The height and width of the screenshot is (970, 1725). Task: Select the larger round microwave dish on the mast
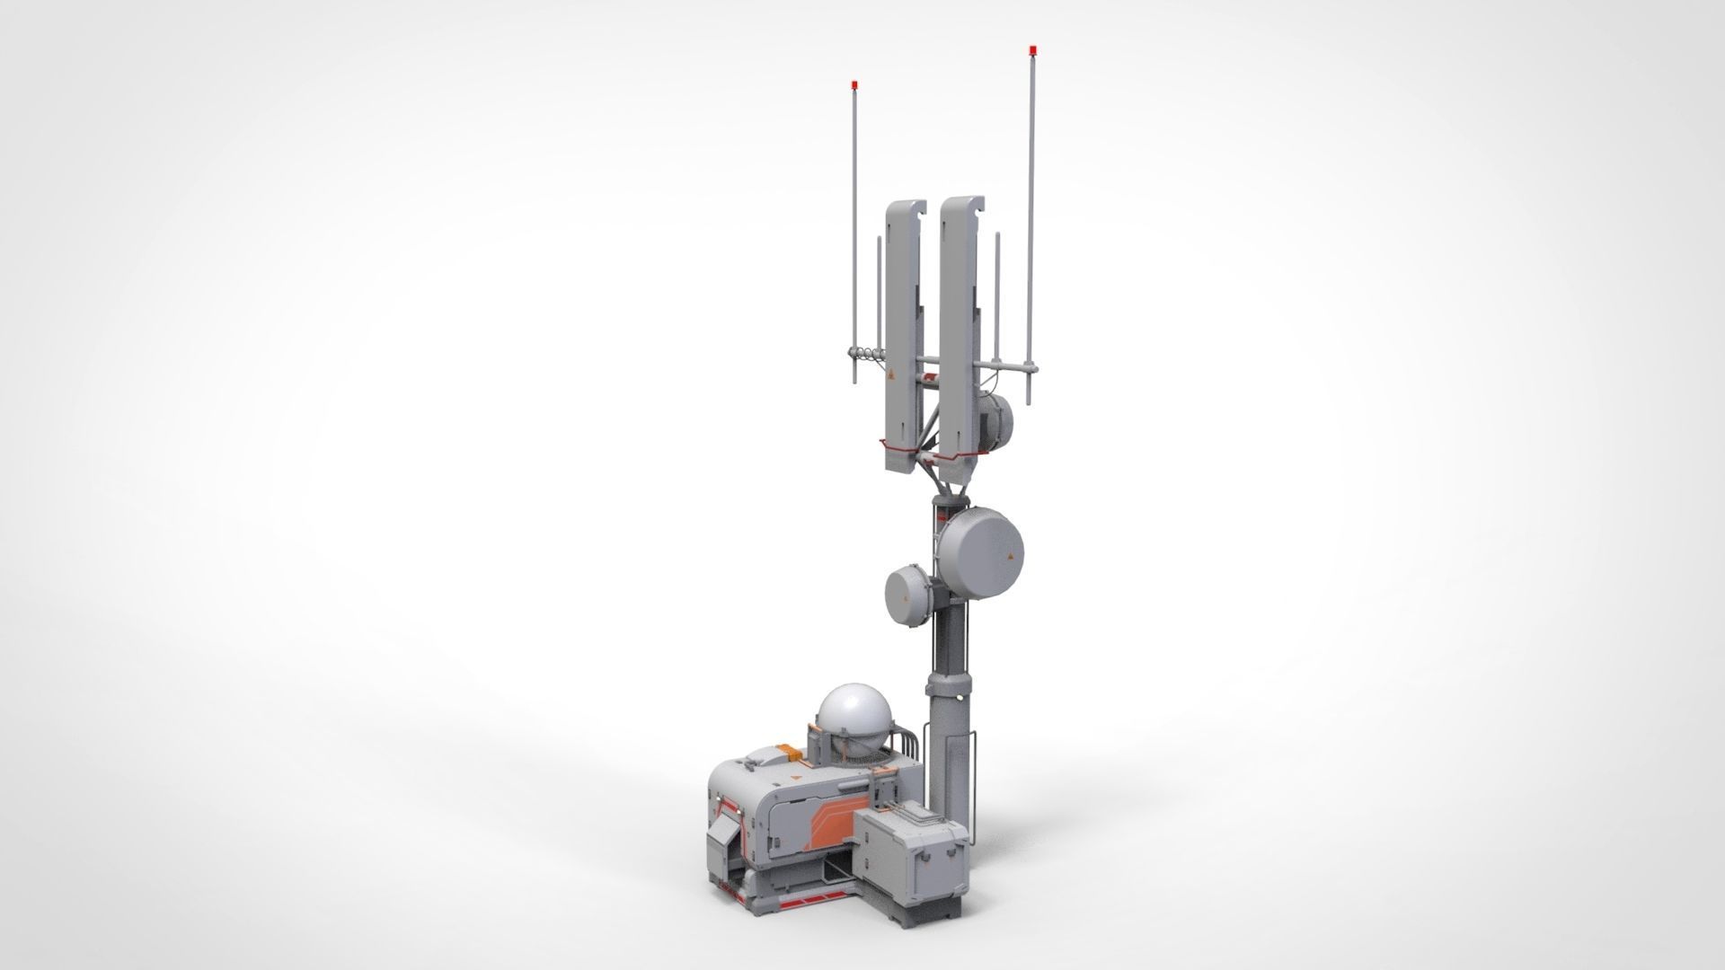pos(982,551)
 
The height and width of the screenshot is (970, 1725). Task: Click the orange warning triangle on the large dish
pos(1011,558)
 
